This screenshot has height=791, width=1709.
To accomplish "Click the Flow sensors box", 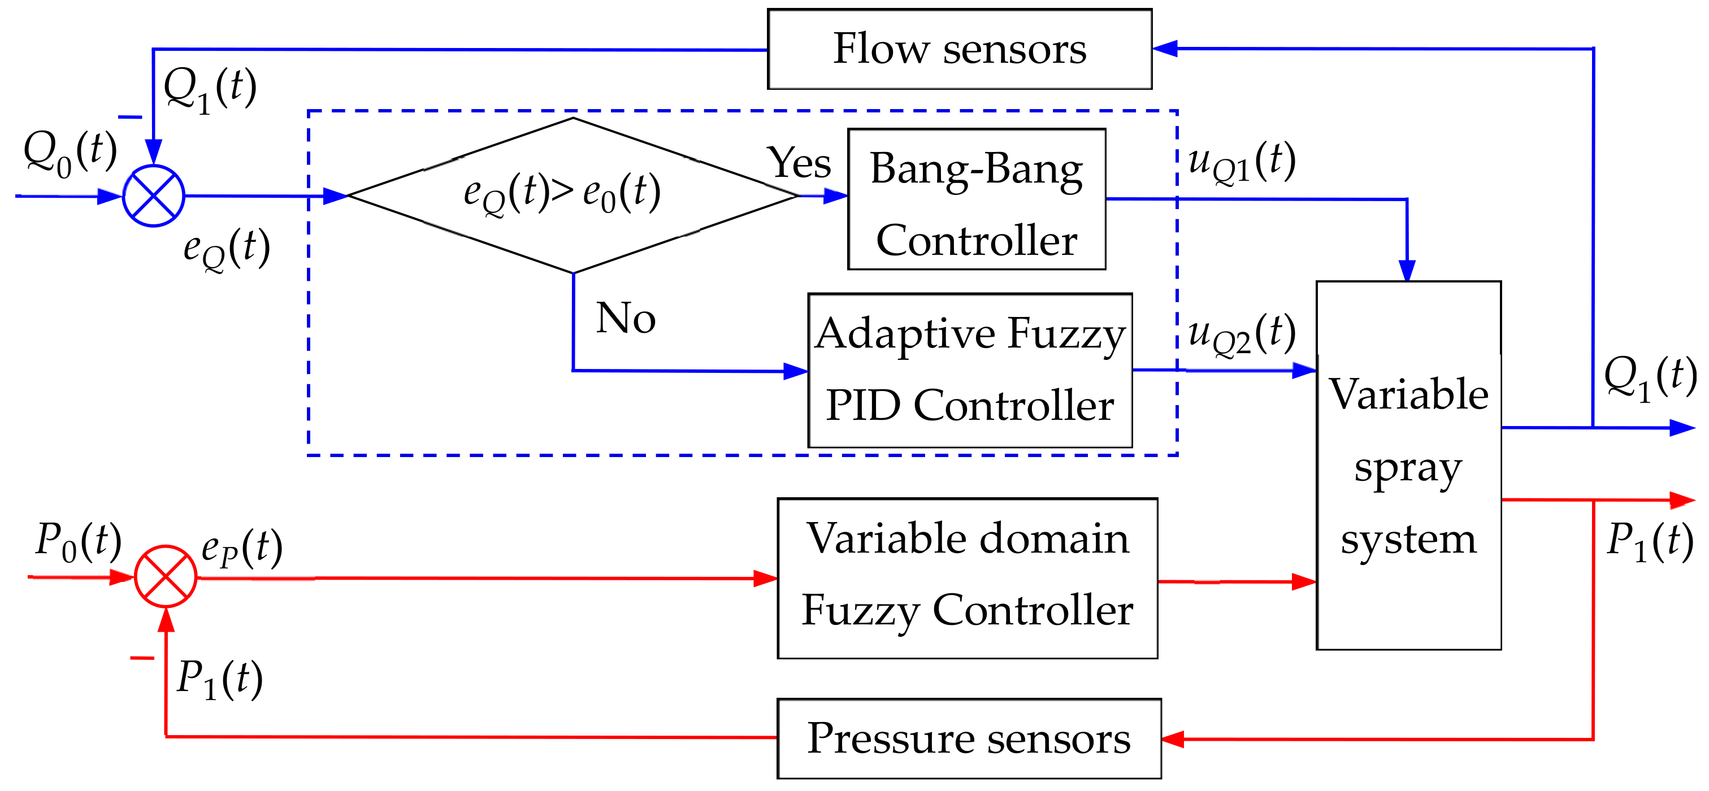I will click(x=959, y=49).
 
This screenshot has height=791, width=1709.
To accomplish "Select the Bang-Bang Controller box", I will click(x=977, y=199).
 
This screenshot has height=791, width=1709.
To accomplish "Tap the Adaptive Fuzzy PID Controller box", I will click(x=970, y=371).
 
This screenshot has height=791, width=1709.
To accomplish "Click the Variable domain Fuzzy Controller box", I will click(x=968, y=578).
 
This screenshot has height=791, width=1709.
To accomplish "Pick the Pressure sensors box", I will click(x=969, y=738).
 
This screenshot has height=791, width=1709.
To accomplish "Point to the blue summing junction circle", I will click(x=153, y=196).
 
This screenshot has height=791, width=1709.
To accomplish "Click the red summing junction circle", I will click(x=166, y=576).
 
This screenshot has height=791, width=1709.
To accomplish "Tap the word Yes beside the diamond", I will click(x=799, y=163).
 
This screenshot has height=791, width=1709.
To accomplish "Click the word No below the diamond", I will click(x=626, y=318).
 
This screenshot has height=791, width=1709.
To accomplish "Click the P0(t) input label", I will click(x=79, y=540).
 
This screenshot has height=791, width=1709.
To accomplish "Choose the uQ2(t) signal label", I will click(x=1240, y=333).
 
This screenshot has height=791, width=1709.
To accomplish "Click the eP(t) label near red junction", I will click(x=241, y=547).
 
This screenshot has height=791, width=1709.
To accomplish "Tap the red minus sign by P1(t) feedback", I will click(x=142, y=658).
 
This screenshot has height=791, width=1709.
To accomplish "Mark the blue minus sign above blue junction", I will click(x=130, y=118).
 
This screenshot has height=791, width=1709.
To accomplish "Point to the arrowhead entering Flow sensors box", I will click(x=1164, y=49).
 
